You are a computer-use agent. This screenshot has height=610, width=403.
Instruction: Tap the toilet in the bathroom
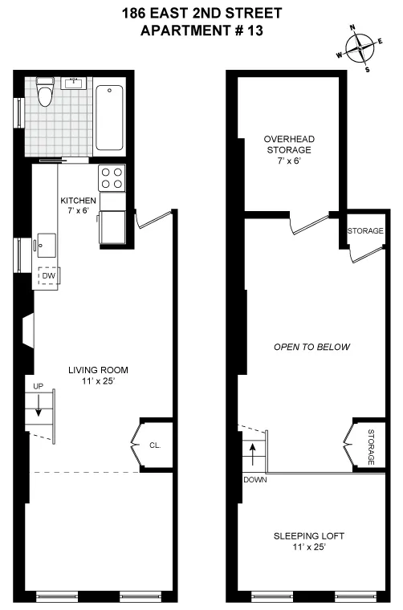[46, 93]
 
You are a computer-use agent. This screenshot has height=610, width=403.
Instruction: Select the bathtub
[109, 118]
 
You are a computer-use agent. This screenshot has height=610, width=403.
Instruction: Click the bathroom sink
[77, 82]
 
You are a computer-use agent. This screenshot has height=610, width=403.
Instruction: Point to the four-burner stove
[112, 177]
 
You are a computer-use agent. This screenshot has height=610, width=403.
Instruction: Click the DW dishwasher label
[49, 275]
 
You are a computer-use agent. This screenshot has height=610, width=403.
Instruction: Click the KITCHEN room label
[79, 201]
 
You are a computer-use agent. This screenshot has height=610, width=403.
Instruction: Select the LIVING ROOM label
[98, 370]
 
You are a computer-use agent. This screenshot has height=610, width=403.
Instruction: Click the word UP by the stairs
[38, 386]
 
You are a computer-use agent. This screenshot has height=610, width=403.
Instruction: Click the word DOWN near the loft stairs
[254, 480]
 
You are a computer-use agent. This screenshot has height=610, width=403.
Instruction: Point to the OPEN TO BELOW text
[312, 348]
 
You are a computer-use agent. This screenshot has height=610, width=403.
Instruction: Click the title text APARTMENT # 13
[201, 31]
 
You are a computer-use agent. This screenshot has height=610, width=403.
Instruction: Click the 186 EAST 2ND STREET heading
[201, 14]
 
